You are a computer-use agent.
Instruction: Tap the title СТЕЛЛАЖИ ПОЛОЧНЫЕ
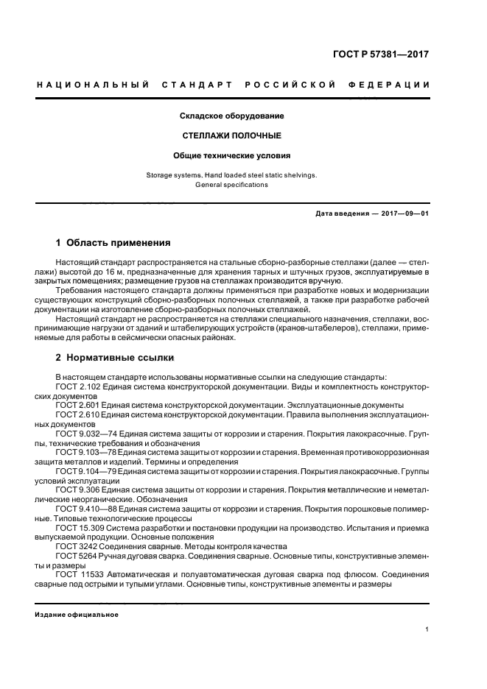coord(232,136)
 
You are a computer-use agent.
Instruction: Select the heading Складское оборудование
coord(232,116)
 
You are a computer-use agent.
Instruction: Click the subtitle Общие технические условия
coord(232,156)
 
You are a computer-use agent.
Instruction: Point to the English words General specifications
coord(232,185)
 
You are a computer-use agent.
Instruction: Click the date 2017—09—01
coord(404,213)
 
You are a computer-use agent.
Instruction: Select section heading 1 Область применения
coord(113,242)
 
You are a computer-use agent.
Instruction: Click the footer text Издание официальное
coord(77,615)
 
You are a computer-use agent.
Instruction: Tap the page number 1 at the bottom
coord(427,629)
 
